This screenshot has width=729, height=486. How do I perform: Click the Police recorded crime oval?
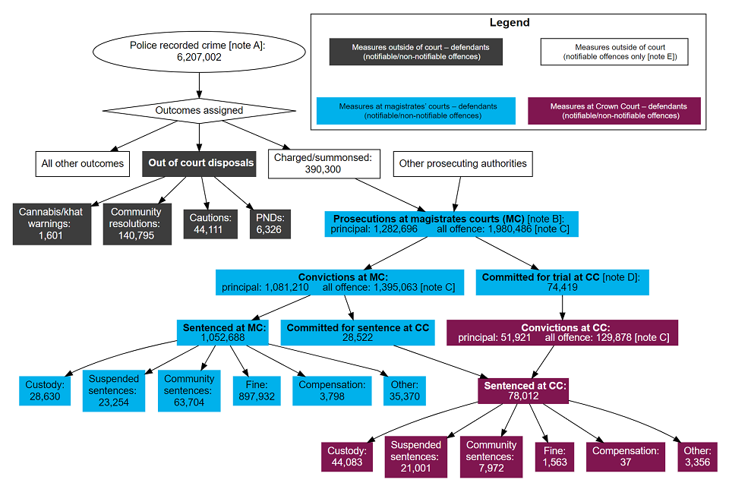[199, 51]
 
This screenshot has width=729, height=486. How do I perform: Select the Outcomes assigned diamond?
[199, 110]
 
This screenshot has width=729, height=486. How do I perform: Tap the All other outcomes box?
[83, 163]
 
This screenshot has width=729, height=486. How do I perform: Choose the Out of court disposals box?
[200, 163]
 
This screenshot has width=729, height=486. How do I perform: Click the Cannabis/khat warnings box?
[52, 223]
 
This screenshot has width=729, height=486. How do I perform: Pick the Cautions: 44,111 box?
[210, 224]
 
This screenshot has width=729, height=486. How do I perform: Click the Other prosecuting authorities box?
[462, 163]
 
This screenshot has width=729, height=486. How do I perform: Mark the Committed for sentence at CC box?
[358, 333]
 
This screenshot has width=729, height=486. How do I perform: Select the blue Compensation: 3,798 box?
[332, 390]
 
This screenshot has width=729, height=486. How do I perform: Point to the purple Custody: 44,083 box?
[346, 456]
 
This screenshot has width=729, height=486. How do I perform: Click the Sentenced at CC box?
[525, 391]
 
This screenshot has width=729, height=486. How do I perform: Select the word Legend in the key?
[509, 23]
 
